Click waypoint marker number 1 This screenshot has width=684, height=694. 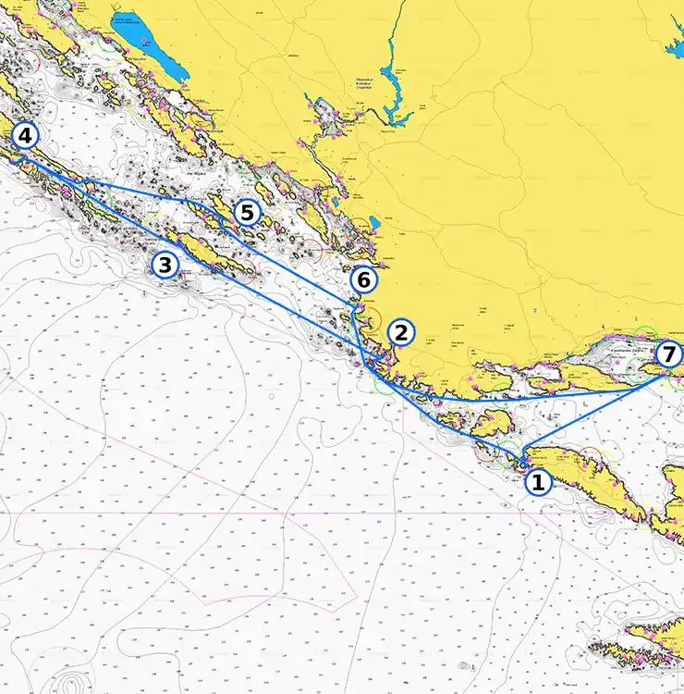(537, 481)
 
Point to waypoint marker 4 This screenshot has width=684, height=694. (25, 137)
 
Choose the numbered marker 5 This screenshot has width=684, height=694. (245, 213)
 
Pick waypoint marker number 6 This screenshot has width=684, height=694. (362, 279)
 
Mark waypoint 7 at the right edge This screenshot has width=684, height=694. (668, 353)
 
